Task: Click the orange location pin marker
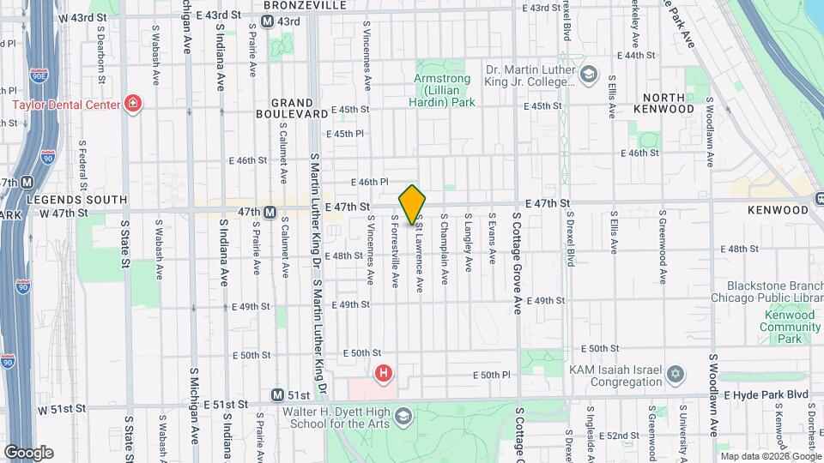tap(412, 204)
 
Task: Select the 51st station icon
tap(277, 395)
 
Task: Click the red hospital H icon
tap(384, 373)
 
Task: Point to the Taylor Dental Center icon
tap(132, 105)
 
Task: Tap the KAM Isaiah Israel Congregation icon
tap(676, 374)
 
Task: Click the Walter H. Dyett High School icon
tap(403, 418)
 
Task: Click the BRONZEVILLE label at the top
tap(293, 5)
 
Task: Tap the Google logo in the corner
tap(27, 452)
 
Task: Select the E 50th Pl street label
tap(494, 375)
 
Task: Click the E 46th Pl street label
tap(370, 182)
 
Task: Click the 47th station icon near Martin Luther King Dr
tap(269, 212)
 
